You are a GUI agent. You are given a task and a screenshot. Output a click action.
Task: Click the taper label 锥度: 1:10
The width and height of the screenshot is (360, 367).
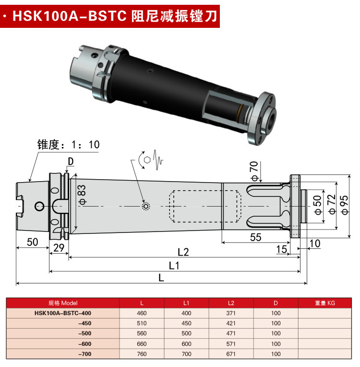pyautogui.click(x=69, y=145)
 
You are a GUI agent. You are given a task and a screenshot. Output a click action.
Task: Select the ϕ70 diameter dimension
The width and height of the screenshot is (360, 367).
pyautogui.click(x=254, y=171)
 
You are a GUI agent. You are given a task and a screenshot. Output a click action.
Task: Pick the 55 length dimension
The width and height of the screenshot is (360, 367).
pyautogui.click(x=256, y=237)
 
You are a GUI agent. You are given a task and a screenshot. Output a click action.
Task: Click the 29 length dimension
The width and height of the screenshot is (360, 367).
pyautogui.click(x=59, y=248)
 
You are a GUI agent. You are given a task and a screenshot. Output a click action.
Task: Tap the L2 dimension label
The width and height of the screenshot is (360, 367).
pyautogui.click(x=183, y=251)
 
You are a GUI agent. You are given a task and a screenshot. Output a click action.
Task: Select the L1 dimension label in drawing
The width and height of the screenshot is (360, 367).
pyautogui.click(x=173, y=265)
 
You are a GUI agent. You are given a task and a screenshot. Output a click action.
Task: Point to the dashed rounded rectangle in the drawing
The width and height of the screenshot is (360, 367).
pyautogui.click(x=205, y=207)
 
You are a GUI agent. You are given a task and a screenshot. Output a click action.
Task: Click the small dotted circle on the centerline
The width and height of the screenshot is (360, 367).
pyautogui.click(x=145, y=207)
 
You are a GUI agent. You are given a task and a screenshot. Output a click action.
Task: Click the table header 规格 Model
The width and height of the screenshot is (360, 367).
pyautogui.click(x=63, y=303)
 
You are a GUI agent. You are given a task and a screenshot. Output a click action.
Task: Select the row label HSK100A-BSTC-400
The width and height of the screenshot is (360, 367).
pyautogui.click(x=63, y=313)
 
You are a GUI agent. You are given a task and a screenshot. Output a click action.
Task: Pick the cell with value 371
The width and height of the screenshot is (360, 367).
pyautogui.click(x=231, y=313)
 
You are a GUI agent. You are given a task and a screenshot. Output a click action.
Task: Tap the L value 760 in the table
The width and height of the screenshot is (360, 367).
pyautogui.click(x=142, y=354)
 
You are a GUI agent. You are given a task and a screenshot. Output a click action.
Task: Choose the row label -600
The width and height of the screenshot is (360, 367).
pyautogui.click(x=84, y=344)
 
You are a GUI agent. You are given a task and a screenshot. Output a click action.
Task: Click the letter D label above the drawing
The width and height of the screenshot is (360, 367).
pyautogui.click(x=70, y=162)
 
